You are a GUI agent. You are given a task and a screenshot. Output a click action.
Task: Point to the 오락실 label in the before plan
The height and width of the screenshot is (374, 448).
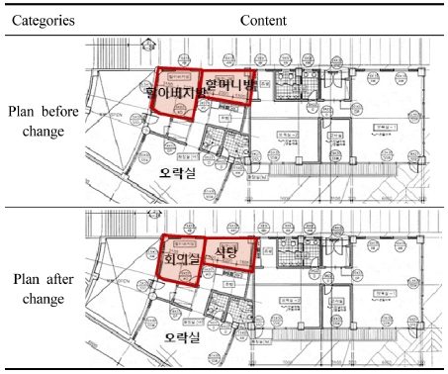pos(178,171)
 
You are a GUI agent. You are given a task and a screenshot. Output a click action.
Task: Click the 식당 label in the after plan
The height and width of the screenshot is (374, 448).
pos(226,253)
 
